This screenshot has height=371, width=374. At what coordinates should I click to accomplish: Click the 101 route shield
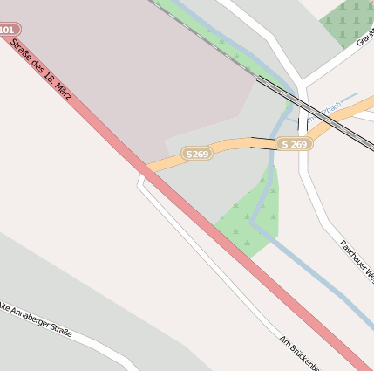[x=7, y=30]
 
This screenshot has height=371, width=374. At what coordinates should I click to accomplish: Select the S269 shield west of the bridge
[x=197, y=154]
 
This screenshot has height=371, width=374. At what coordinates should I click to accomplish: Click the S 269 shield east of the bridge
[x=295, y=143]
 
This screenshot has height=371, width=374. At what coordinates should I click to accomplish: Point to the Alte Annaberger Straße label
[x=35, y=319]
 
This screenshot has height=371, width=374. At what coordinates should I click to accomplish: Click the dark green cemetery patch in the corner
[x=349, y=21]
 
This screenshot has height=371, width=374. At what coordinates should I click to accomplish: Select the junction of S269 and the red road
[x=152, y=168]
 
